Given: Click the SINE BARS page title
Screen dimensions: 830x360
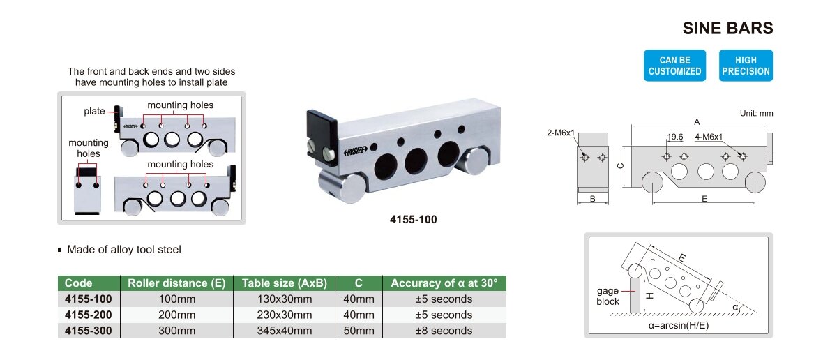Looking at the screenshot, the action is pyautogui.click(x=727, y=28).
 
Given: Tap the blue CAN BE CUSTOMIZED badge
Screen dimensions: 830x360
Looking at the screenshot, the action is pyautogui.click(x=674, y=66).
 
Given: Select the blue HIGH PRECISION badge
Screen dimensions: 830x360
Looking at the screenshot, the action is pyautogui.click(x=746, y=66).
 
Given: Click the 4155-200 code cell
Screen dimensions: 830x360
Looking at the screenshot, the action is pyautogui.click(x=89, y=315).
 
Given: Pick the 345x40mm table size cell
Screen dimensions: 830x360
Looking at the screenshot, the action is pyautogui.click(x=285, y=331).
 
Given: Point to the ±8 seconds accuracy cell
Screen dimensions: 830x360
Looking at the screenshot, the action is pyautogui.click(x=444, y=331).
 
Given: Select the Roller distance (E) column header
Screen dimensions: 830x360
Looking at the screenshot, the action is pyautogui.click(x=176, y=283).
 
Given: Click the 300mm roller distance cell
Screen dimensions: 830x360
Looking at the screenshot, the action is pyautogui.click(x=176, y=331).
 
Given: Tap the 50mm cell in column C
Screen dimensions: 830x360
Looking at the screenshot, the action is pyautogui.click(x=359, y=331).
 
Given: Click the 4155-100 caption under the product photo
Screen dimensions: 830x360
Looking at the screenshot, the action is pyautogui.click(x=414, y=219).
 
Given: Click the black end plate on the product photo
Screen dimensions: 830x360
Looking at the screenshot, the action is pyautogui.click(x=322, y=137).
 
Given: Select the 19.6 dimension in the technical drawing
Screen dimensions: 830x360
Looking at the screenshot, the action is pyautogui.click(x=675, y=137).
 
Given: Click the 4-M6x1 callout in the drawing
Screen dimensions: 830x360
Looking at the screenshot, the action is pyautogui.click(x=709, y=137).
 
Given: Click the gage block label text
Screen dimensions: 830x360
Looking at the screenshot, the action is pyautogui.click(x=608, y=297).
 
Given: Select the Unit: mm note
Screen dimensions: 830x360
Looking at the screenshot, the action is pyautogui.click(x=757, y=113).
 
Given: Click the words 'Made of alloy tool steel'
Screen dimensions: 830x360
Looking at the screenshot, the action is pyautogui.click(x=124, y=249).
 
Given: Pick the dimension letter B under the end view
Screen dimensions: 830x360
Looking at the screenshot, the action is pyautogui.click(x=593, y=199).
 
